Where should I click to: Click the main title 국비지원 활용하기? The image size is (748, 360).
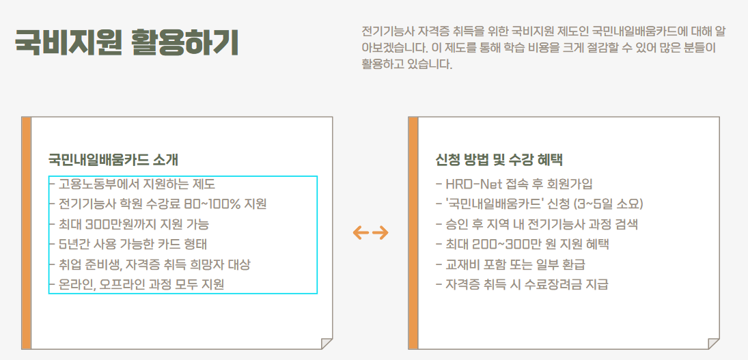coord(127,42)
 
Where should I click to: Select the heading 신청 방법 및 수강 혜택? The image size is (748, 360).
coord(499,160)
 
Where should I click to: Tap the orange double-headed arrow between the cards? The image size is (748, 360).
coord(370,233)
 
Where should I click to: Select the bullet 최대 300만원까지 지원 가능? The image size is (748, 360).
coord(133,224)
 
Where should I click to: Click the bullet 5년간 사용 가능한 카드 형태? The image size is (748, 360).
coord(133,244)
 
